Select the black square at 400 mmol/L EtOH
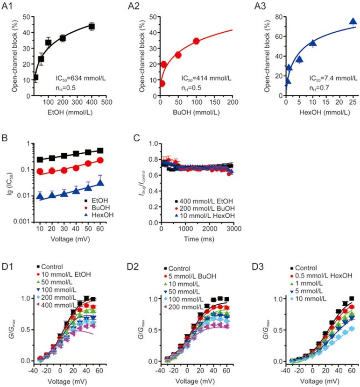click(92, 26)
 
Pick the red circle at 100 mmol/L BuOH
click(196, 41)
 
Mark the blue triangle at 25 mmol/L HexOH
click(353, 21)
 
